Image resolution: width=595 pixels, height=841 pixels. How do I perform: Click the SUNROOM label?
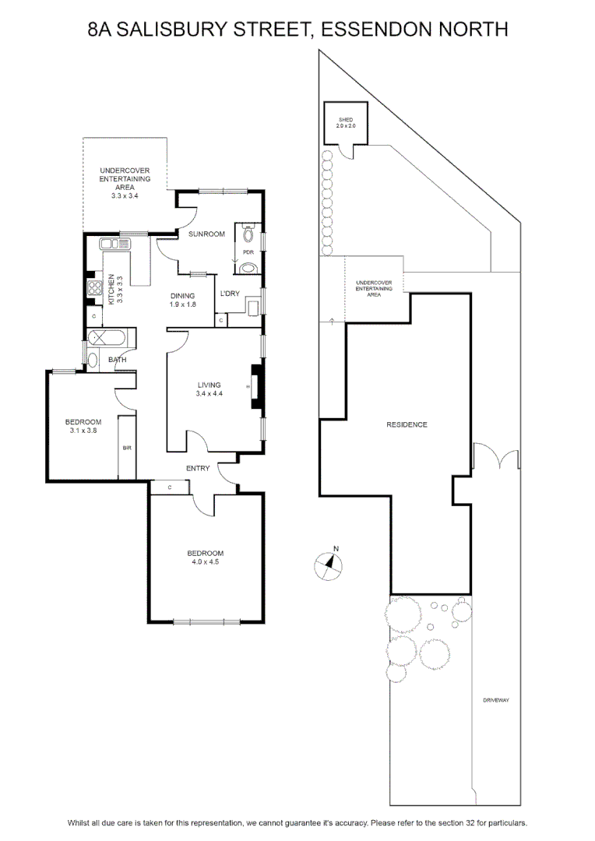coord(206,234)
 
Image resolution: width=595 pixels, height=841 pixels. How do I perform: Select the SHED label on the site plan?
coord(346,120)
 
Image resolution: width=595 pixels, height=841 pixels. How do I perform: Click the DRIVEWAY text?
coord(496,701)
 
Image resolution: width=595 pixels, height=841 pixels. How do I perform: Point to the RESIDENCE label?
coord(407,425)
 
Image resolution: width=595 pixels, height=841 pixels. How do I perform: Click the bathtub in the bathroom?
coord(107,339)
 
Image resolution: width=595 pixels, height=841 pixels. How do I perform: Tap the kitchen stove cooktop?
coord(95,287)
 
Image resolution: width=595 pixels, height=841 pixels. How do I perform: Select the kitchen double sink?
coord(114,244)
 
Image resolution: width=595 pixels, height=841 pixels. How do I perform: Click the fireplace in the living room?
coord(258,387)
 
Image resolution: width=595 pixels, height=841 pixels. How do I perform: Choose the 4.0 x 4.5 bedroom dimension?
coord(206,562)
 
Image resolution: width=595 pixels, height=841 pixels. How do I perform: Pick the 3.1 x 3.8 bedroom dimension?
coord(83,431)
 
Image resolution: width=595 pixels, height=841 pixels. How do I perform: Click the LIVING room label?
coord(209,385)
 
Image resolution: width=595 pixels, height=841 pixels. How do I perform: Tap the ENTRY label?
coord(198,469)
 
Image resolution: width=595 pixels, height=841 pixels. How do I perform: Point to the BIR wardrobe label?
coord(127,448)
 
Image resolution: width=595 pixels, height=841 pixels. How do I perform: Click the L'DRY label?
coord(230,294)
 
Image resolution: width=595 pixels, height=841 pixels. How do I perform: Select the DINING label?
coord(182,296)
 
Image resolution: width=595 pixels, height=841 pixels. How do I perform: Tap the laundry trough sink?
coord(252,308)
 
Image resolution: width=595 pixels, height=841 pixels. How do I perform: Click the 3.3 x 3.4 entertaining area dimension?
coord(125,195)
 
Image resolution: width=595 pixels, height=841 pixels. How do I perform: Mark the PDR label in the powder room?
coord(248,252)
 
